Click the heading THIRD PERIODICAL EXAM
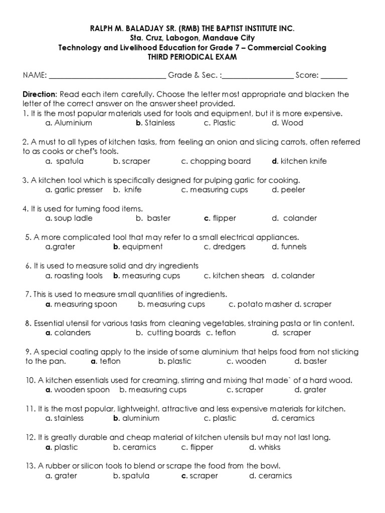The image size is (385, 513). point(192,57)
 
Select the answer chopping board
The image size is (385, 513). point(216,161)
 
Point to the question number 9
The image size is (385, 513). point(29,352)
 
